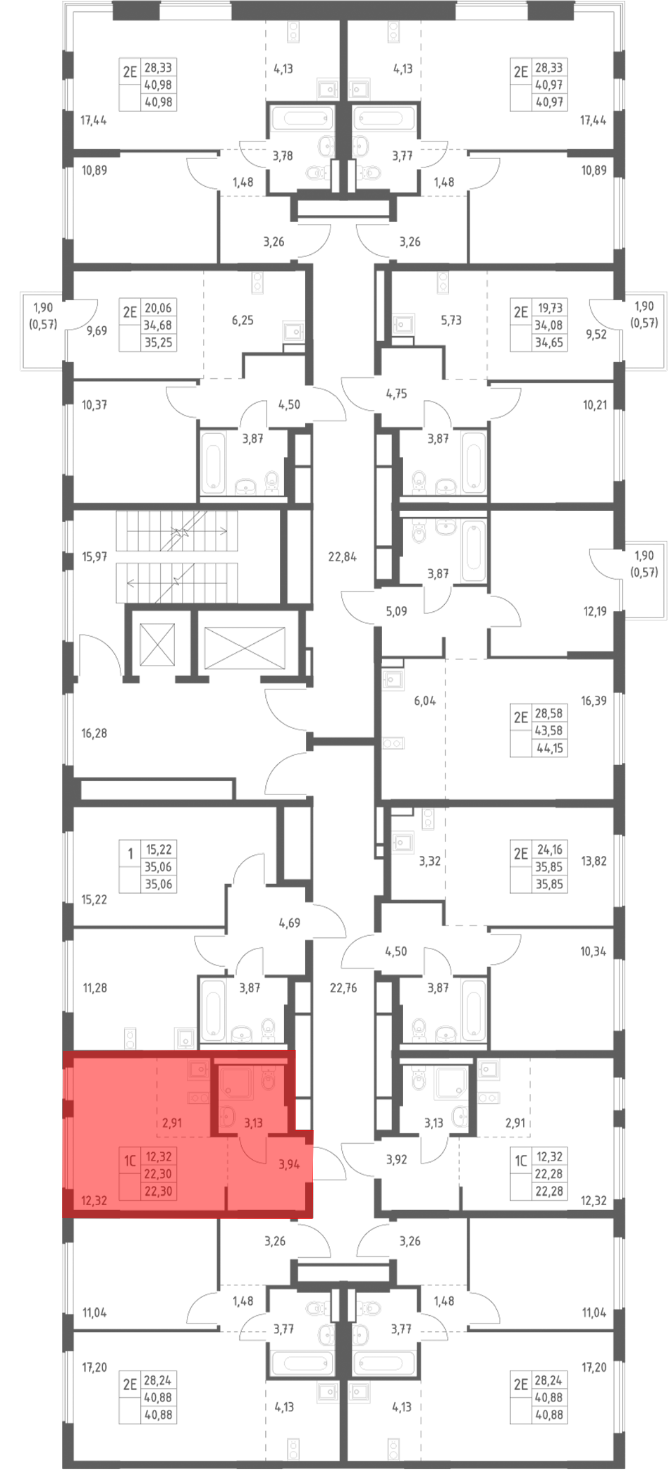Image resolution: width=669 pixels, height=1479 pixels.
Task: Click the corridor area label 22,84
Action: click(x=342, y=556)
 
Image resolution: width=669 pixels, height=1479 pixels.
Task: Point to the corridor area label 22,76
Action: click(x=344, y=988)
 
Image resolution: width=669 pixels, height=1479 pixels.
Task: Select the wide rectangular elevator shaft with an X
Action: click(x=245, y=648)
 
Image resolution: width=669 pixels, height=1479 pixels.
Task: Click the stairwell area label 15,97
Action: click(x=94, y=556)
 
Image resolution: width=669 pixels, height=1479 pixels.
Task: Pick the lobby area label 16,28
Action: click(x=94, y=733)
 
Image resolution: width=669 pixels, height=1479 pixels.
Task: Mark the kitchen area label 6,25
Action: click(x=242, y=320)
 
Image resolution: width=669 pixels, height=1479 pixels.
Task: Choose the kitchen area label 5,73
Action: click(x=451, y=320)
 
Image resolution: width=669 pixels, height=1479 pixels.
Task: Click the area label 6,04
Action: click(x=425, y=700)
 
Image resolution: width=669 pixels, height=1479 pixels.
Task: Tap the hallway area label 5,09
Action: click(x=396, y=611)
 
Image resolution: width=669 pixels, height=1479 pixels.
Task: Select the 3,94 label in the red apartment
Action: click(x=289, y=1164)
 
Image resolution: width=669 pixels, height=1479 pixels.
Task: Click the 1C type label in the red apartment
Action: click(x=130, y=1161)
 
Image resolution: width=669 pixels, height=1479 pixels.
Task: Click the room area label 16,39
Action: click(x=594, y=700)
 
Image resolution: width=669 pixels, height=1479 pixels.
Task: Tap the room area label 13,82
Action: click(x=594, y=861)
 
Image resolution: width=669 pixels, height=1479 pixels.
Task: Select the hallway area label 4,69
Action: click(x=289, y=923)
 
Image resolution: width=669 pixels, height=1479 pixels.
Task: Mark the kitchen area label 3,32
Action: click(x=429, y=861)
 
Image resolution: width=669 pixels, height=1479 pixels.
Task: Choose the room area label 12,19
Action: click(x=595, y=611)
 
